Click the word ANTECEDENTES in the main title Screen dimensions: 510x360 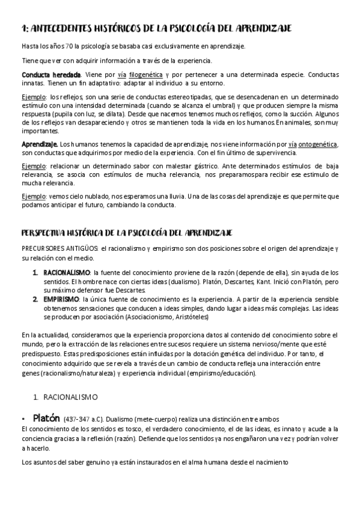pyautogui.click(x=67, y=28)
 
